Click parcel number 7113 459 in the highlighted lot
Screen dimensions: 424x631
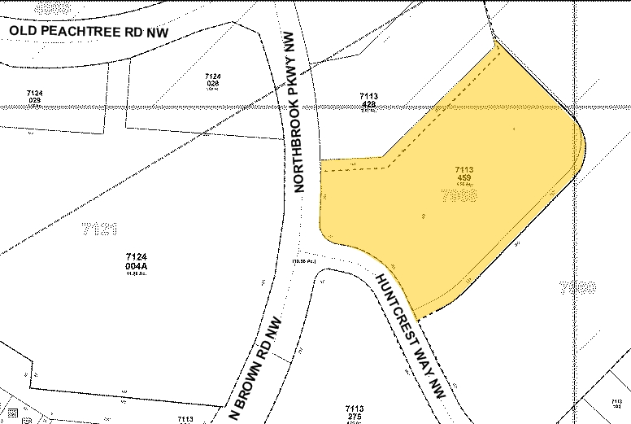point(464,174)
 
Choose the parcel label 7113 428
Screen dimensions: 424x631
point(368,102)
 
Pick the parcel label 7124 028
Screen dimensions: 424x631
point(214,81)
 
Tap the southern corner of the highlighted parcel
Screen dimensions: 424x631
point(417,317)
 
